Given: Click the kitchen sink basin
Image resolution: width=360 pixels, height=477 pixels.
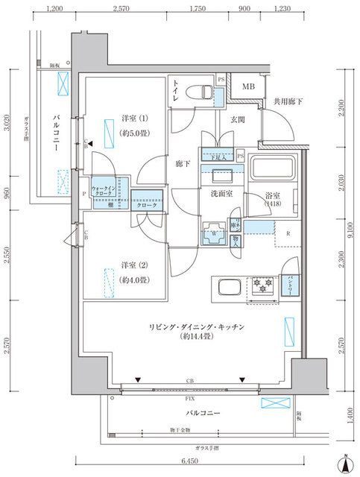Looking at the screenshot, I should (227, 288).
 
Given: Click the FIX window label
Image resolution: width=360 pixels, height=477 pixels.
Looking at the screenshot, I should (189, 398).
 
